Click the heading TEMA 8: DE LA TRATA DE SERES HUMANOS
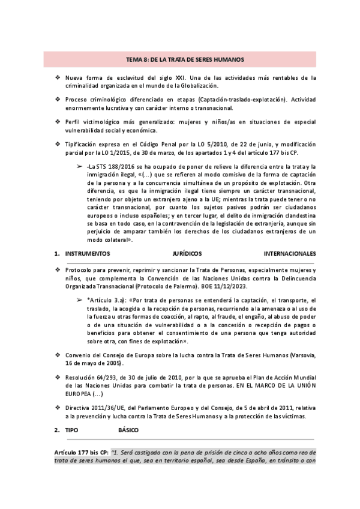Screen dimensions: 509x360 click(180, 59)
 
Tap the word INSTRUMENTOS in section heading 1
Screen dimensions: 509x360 click(89, 254)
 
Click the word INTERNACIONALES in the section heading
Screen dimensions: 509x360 click(290, 254)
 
